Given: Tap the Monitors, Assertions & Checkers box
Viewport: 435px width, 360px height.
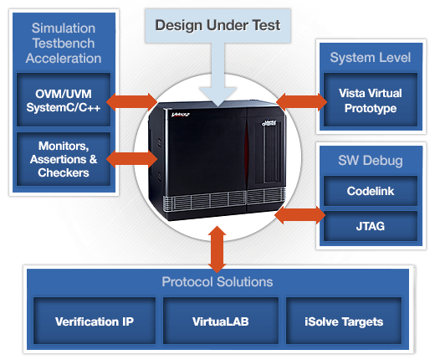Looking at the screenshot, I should [64, 159].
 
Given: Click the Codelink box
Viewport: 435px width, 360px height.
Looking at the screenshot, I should [369, 191].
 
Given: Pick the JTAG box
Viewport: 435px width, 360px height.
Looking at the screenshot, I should [369, 225].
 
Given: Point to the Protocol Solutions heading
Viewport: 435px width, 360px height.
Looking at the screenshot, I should [217, 282].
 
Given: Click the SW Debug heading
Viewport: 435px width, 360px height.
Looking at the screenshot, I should [370, 159].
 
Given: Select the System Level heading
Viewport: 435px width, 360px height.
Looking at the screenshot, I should [370, 58].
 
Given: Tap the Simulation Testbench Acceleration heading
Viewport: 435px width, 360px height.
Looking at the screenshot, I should [64, 44].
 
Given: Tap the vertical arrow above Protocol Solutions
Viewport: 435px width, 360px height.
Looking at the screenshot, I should [217, 249].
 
